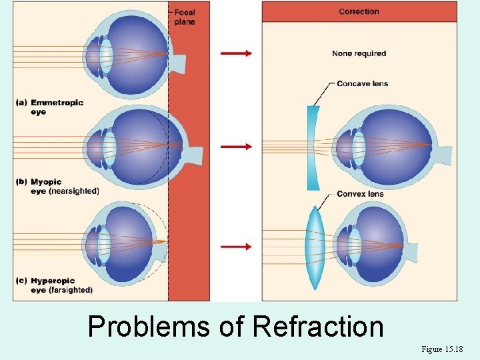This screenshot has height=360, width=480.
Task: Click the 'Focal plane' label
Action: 185,17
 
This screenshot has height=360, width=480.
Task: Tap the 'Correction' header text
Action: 359,11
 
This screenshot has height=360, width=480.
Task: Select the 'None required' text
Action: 359,53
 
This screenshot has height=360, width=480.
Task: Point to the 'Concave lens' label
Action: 362,83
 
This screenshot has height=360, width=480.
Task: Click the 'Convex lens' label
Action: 360,194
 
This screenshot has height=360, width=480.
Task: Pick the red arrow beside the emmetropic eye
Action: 237,53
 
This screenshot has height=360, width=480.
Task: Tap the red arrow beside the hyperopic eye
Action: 237,246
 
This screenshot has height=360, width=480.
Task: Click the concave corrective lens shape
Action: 312,147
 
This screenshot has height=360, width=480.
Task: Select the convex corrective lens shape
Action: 313,247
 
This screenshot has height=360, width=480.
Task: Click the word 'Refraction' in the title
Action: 318,327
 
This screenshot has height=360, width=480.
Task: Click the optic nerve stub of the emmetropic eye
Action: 179,63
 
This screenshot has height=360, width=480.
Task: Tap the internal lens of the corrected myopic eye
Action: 359,148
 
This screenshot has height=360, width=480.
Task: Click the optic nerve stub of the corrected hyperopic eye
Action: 411,251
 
